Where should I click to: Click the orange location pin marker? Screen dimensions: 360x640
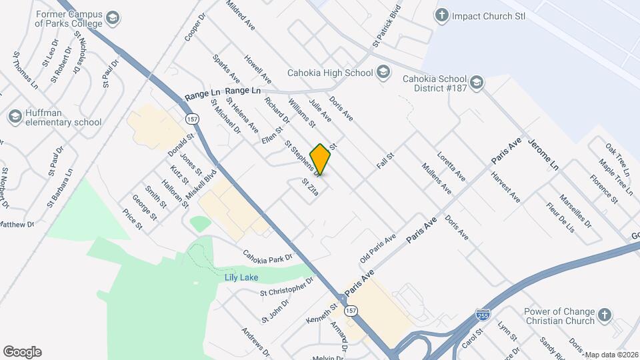(x=320, y=159)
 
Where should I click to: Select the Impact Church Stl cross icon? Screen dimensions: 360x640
(x=441, y=16)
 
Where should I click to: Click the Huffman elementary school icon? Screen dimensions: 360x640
(x=15, y=117)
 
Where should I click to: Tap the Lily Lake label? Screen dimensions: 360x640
(x=241, y=277)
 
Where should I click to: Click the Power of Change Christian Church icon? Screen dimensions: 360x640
(x=604, y=315)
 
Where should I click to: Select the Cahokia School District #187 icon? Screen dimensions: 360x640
(x=476, y=82)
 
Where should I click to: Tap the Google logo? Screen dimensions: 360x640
(x=22, y=352)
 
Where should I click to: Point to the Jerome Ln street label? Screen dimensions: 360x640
(x=543, y=154)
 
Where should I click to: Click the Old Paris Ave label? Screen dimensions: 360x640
(x=378, y=247)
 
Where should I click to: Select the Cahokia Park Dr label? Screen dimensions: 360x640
(x=268, y=256)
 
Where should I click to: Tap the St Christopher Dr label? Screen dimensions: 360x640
(x=286, y=289)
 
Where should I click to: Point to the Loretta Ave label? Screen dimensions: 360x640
(x=451, y=167)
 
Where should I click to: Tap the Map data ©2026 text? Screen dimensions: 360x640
(x=612, y=355)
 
